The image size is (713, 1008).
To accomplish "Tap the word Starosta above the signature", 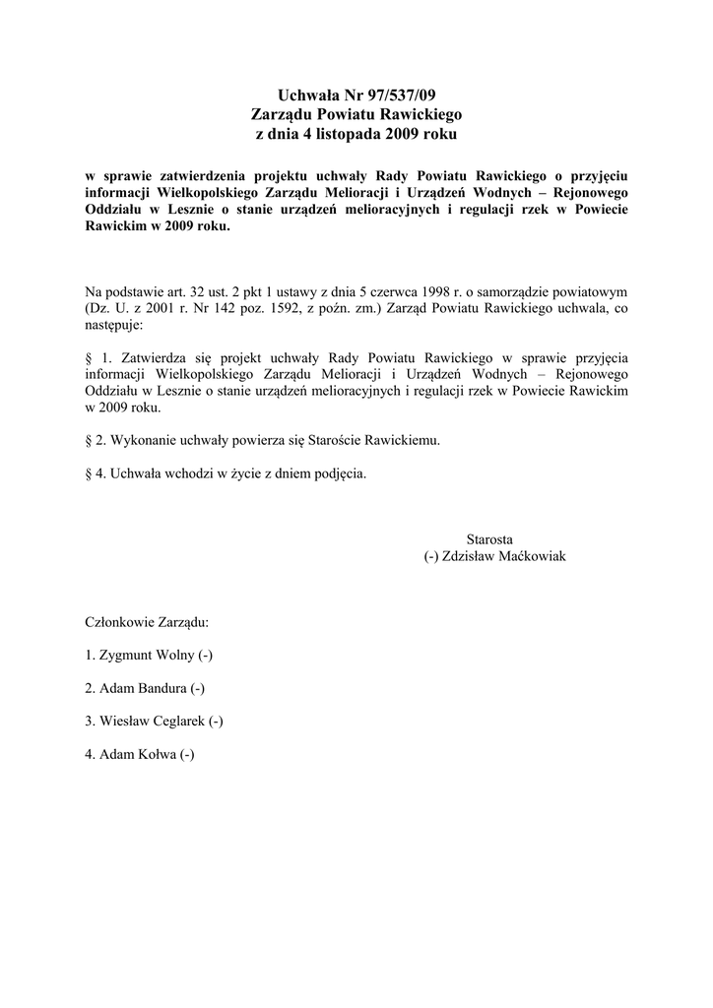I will [489, 539].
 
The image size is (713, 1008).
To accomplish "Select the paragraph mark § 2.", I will [96, 440].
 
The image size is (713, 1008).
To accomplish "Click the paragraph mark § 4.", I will [96, 472].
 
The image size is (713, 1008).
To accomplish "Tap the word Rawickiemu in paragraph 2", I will [403, 440].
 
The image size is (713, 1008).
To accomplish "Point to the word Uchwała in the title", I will [308, 95].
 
